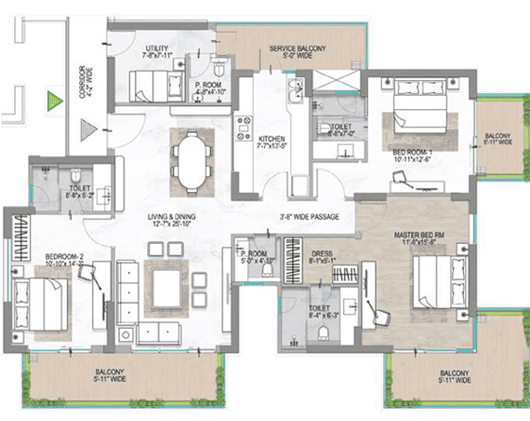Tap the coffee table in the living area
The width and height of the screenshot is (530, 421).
coord(169,283)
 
